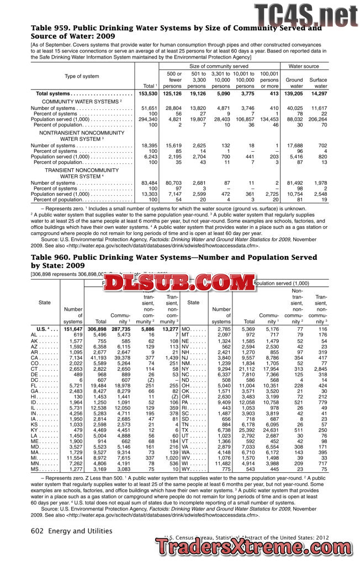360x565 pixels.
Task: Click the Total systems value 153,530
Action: [146, 94]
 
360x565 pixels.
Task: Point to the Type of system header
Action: [82, 76]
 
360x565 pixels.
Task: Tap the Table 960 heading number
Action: [50, 257]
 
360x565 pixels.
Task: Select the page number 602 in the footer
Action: [38, 531]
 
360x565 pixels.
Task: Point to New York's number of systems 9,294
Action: [221, 371]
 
